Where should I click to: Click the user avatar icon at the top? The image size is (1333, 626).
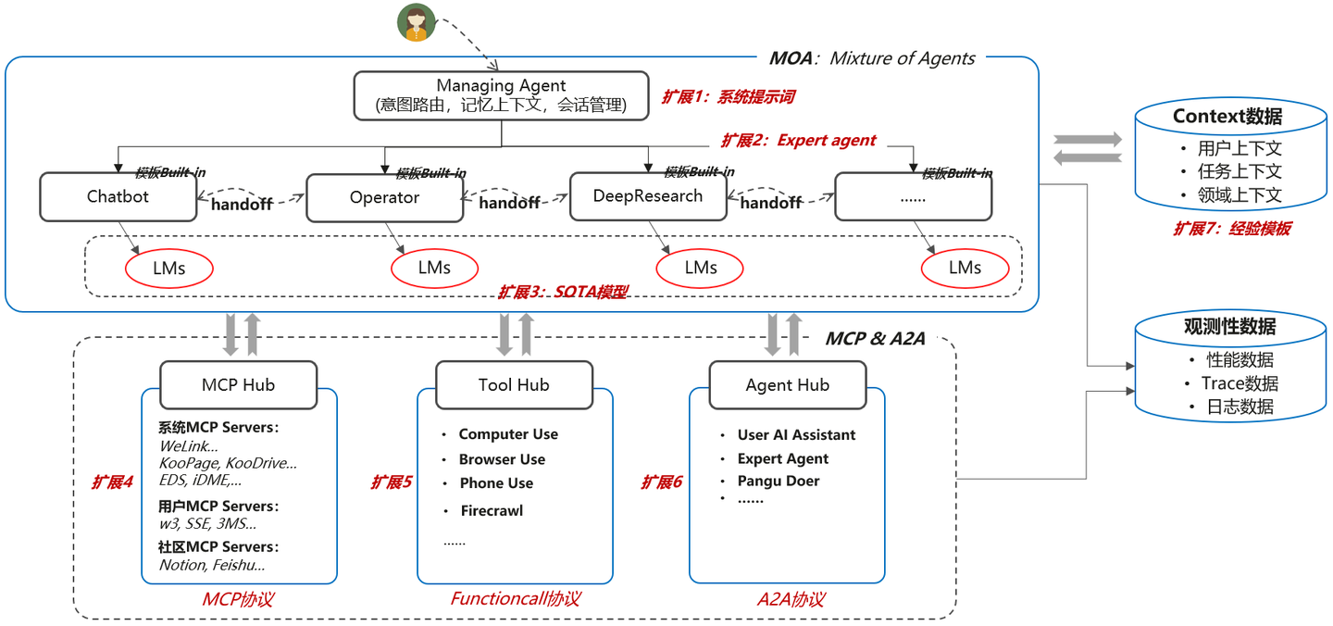[417, 23]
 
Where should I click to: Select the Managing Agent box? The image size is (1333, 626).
[501, 95]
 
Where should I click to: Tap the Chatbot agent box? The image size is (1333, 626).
[118, 197]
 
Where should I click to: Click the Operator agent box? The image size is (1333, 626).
[384, 198]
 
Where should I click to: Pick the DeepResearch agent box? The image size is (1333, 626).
[648, 196]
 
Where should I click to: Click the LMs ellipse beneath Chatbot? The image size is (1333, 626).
[168, 269]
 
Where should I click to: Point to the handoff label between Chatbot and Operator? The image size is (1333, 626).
[243, 204]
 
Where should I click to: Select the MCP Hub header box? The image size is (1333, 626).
[238, 385]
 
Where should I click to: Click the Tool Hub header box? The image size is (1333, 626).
[514, 385]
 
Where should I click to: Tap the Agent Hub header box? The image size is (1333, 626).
[788, 385]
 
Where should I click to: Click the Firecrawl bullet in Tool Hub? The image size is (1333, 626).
[492, 511]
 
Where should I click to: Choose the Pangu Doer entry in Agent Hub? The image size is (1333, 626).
[778, 482]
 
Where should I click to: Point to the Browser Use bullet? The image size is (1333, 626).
[502, 460]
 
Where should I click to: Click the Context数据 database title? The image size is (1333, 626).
[1227, 117]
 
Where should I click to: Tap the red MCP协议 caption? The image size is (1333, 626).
[238, 599]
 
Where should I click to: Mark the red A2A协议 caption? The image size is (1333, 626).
[791, 599]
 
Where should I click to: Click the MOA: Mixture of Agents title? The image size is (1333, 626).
[872, 59]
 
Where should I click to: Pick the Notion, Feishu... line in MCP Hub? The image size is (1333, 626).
[212, 565]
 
